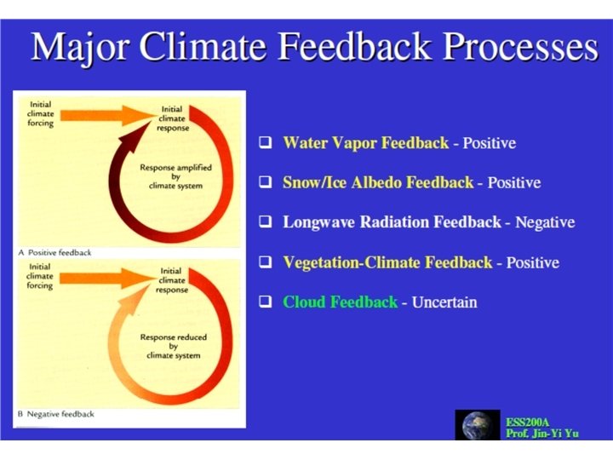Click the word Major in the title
78,46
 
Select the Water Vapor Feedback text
365,143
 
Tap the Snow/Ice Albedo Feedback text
377,182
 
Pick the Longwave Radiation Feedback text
392,222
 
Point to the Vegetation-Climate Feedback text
387,262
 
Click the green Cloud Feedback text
340,302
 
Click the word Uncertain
444,302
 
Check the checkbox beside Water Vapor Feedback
266,143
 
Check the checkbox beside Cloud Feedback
266,302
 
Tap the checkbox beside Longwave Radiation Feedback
266,222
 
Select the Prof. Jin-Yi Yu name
541,434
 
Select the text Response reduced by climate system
173,347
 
